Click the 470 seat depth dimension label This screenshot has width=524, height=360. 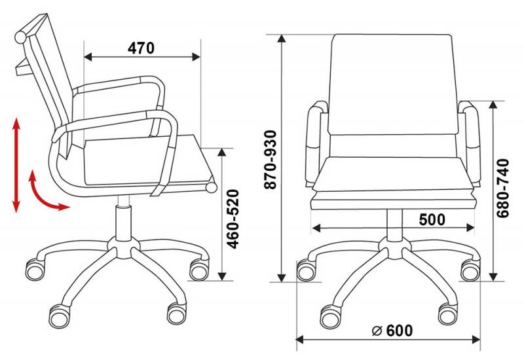pyautogui.click(x=141, y=48)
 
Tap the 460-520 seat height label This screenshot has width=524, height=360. pyautogui.click(x=233, y=219)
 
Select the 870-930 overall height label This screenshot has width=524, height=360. pyautogui.click(x=271, y=160)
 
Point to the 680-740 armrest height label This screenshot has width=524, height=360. pyautogui.click(x=502, y=188)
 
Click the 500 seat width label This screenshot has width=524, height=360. pyautogui.click(x=432, y=219)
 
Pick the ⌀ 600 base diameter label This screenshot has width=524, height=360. pyautogui.click(x=392, y=331)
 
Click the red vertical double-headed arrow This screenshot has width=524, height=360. pyautogui.click(x=16, y=165)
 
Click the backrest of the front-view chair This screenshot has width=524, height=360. pyautogui.click(x=392, y=84)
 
